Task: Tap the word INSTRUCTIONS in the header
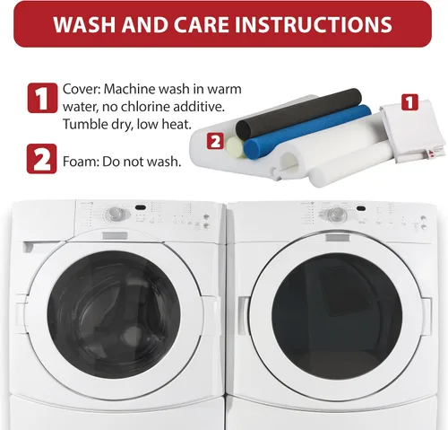point(314,24)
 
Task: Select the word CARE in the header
point(202,24)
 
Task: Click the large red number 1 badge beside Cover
point(42,98)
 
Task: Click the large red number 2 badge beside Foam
point(41,159)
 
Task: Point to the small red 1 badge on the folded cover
point(409,102)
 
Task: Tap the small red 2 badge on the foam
point(215,141)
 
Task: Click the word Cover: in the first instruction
point(81,89)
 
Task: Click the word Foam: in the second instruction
point(81,162)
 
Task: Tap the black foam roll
point(298,113)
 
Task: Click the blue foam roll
point(307,132)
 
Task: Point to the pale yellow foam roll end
point(235,146)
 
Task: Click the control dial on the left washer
point(114,213)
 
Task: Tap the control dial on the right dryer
point(337,214)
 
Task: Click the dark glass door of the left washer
point(114,314)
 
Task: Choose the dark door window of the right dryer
point(337,316)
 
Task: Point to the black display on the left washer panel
point(141,207)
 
